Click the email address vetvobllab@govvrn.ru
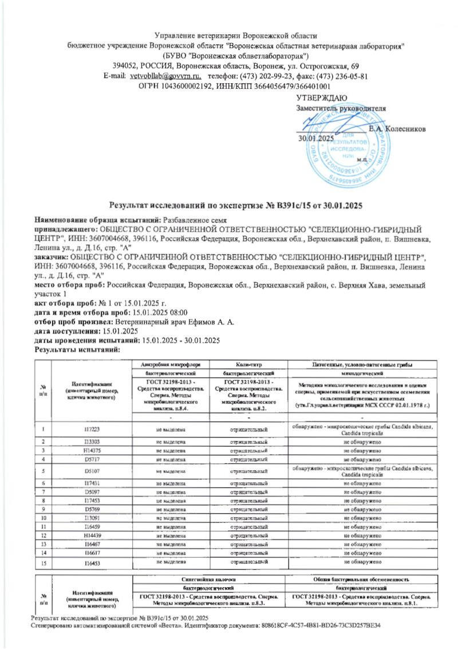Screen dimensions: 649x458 click(x=167, y=76)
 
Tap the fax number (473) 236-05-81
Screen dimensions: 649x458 click(x=340, y=76)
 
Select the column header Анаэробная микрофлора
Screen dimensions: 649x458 click(x=169, y=365)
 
